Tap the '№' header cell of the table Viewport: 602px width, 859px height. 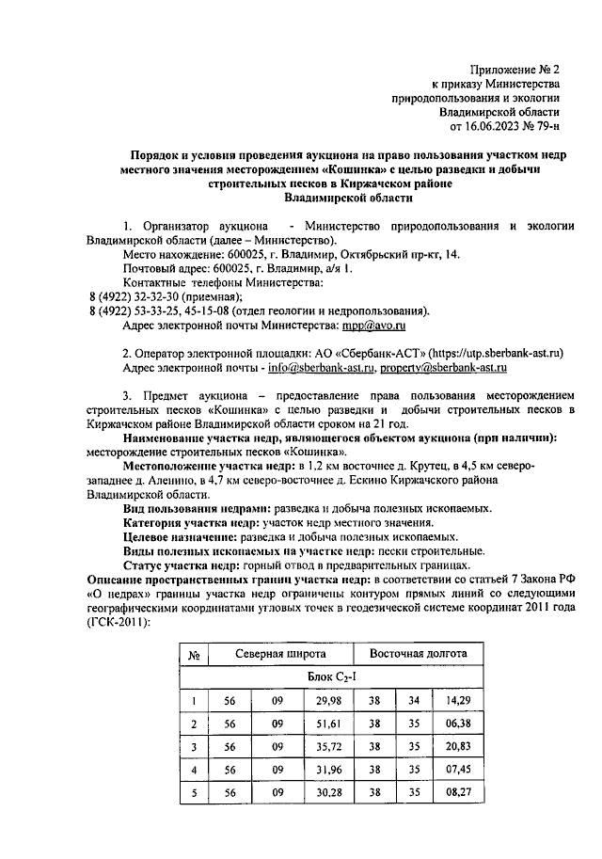coord(192,654)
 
